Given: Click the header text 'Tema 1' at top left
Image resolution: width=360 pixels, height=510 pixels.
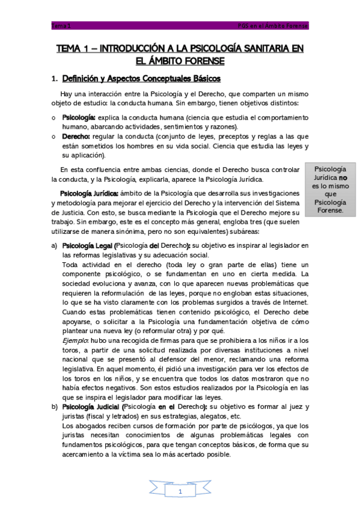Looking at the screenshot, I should [x=61, y=26].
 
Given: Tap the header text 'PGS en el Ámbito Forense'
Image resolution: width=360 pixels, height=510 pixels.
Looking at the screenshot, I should [x=273, y=26].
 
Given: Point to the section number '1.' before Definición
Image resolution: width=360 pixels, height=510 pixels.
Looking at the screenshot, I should [x=55, y=79].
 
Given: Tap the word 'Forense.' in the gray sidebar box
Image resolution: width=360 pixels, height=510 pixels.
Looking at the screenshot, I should [x=331, y=211].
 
